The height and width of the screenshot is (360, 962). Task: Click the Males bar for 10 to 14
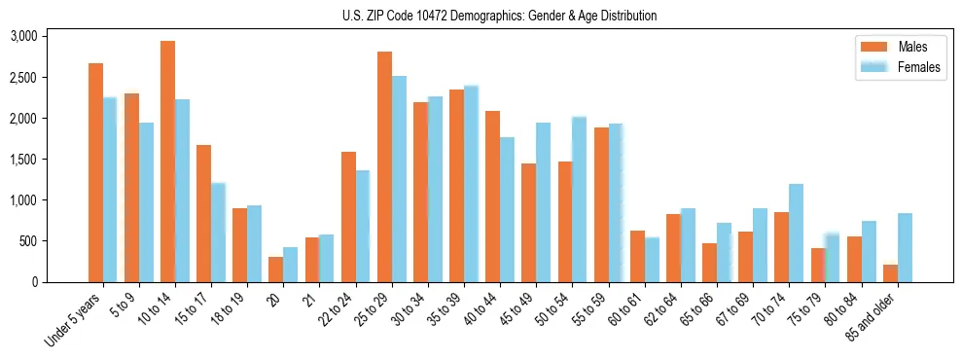(x=167, y=162)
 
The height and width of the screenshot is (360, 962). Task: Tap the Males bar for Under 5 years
(x=95, y=172)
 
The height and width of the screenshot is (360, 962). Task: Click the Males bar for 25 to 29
(x=384, y=166)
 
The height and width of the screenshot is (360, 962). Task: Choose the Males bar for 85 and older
(x=890, y=273)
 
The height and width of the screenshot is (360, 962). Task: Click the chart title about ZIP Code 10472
(x=499, y=16)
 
